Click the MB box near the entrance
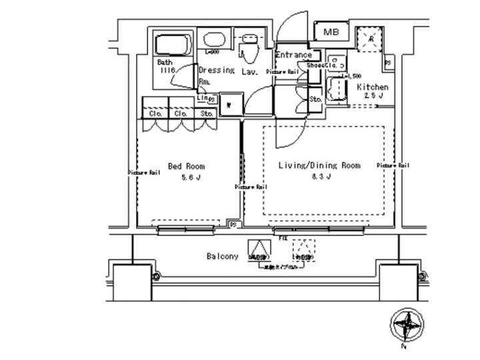click(x=329, y=31)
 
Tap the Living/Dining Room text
click(x=318, y=165)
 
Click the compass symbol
click(x=406, y=327)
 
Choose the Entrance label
click(x=293, y=55)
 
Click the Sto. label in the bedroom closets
click(x=207, y=114)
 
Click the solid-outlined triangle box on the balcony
click(x=257, y=249)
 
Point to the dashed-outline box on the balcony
click(x=303, y=249)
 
